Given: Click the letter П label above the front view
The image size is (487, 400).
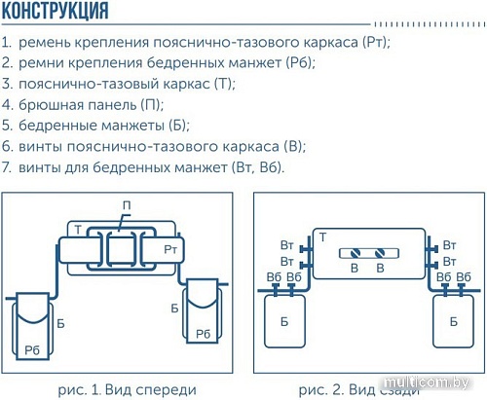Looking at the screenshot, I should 126,205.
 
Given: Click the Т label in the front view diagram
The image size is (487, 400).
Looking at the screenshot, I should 76,228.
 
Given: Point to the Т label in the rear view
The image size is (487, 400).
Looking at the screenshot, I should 321,237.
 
